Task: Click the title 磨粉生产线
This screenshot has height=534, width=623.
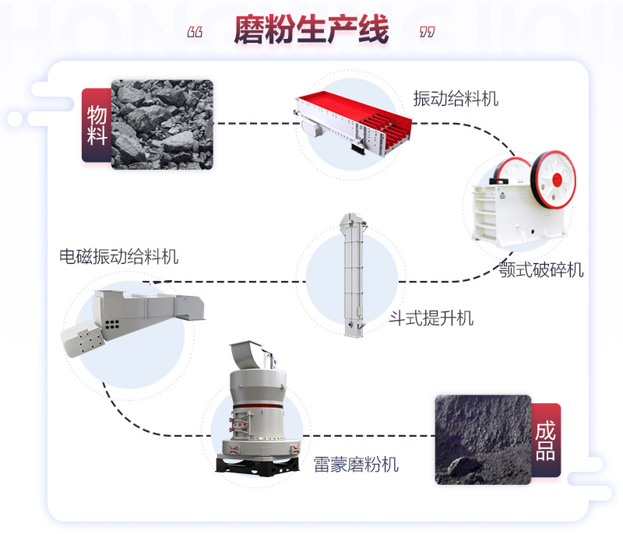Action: click(311, 31)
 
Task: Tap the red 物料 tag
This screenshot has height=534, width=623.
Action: click(97, 125)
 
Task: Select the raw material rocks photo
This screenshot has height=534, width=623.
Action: click(162, 124)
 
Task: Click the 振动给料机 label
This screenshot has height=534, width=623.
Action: click(456, 99)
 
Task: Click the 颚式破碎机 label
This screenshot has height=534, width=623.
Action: click(541, 270)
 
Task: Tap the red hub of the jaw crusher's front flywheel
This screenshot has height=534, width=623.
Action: click(557, 178)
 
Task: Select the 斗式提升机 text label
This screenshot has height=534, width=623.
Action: click(431, 318)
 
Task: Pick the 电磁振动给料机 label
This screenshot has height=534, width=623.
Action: click(119, 256)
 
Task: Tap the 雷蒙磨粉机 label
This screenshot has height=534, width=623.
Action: click(356, 465)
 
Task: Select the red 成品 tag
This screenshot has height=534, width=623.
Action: click(545, 440)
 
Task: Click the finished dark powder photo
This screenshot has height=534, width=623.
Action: click(481, 440)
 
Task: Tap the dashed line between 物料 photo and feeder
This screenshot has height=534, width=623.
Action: click(253, 123)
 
